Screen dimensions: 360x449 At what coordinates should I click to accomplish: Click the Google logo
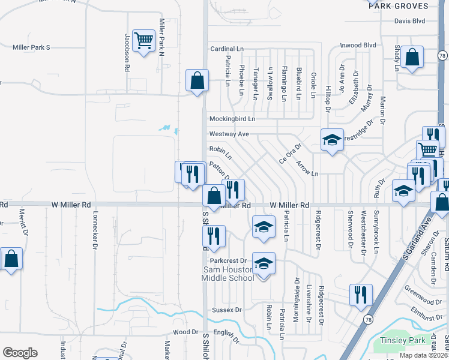coord(20,353)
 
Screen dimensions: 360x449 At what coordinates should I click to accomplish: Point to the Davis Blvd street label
coord(409,21)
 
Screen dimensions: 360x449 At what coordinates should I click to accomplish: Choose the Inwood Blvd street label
coord(358,45)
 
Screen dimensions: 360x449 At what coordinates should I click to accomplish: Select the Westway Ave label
coord(229,134)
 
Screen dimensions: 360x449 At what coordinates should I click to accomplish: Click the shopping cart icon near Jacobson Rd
coord(143,41)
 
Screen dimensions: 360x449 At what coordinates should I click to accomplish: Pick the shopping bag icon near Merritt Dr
coord(11,259)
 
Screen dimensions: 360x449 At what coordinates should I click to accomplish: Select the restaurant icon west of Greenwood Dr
coord(360,295)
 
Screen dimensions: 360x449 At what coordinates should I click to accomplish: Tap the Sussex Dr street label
coord(226,310)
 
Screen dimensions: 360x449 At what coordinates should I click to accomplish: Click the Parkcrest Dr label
coord(229,261)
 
